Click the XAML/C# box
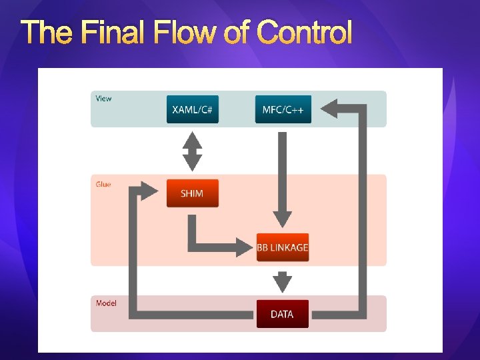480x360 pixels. tap(192, 109)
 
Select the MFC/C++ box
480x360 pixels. tap(283, 109)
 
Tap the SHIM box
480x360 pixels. tap(192, 193)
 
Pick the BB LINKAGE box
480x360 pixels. tap(283, 247)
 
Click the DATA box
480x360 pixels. tap(283, 314)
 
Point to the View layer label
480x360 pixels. tap(104, 99)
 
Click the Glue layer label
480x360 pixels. tap(103, 184)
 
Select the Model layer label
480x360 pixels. tap(106, 303)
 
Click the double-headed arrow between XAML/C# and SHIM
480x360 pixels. tap(192, 151)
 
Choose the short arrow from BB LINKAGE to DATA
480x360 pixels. tap(283, 281)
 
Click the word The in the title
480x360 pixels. tap(47, 32)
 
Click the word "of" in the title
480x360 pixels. tap(238, 32)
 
